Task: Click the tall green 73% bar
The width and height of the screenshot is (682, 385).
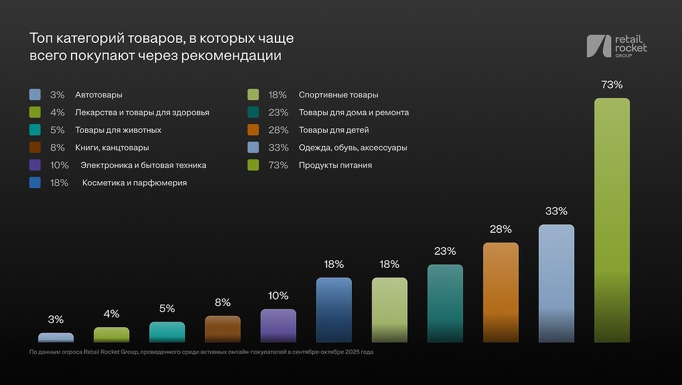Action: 612,219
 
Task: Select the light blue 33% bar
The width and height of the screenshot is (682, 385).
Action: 557,283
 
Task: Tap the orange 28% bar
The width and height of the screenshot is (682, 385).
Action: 501,292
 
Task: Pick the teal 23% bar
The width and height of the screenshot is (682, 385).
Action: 445,303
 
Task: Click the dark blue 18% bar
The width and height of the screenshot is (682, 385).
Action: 334,309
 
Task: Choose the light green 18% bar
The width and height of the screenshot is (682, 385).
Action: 389,309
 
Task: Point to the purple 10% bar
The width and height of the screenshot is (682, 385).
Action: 278,325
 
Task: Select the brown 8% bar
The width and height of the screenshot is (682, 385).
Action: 223,328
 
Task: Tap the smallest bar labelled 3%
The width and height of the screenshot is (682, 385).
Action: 56,337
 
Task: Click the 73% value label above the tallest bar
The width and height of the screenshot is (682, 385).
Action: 612,85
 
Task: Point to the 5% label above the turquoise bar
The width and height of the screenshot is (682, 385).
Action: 167,308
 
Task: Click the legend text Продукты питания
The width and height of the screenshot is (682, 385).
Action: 335,165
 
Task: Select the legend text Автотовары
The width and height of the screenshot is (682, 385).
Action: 99,95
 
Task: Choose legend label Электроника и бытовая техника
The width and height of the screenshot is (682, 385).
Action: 143,165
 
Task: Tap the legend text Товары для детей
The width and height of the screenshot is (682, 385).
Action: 333,130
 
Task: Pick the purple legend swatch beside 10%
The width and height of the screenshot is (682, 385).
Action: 35,165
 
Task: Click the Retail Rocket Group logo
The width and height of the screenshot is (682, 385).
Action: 617,46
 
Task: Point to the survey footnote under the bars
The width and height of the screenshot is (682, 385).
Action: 201,352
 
